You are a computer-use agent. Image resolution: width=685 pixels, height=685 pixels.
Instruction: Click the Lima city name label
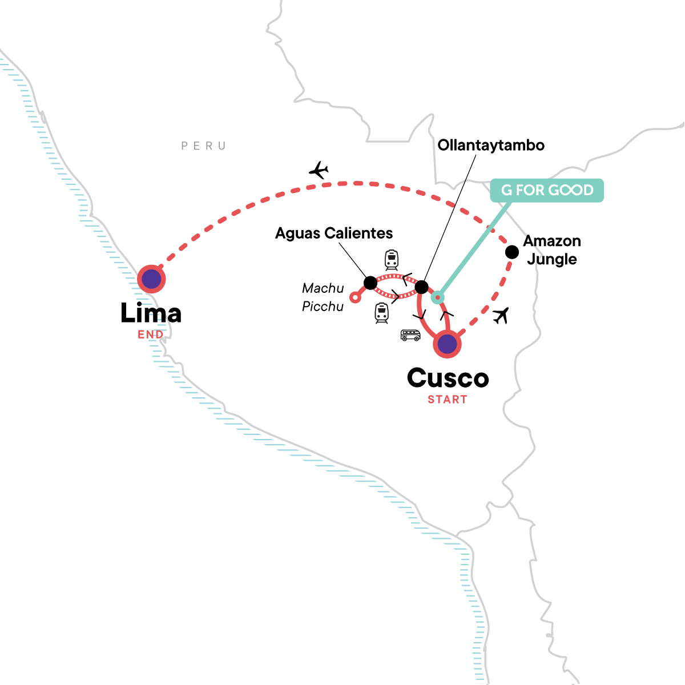coord(151,313)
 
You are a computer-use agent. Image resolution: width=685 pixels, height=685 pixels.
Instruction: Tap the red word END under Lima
coord(151,335)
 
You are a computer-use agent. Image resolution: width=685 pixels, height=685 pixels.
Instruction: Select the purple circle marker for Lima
coord(151,279)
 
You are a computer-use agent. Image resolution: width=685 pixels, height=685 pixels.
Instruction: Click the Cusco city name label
coord(448,378)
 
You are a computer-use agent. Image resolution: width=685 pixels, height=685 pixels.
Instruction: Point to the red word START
coord(448,400)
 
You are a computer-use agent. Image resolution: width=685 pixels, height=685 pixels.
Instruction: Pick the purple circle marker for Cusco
coord(447,344)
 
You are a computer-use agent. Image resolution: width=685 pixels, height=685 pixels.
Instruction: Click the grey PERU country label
coord(204,146)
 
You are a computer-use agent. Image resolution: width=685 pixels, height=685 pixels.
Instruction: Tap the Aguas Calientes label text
coord(334,233)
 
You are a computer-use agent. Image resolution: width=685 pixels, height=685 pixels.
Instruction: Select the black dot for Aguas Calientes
coord(370,283)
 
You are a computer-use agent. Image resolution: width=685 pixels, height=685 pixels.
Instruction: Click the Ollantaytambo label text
coord(491,145)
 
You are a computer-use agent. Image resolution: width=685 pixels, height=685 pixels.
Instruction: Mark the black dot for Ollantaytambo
coord(421,287)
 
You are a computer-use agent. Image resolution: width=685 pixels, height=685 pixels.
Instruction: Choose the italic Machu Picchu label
coord(323,297)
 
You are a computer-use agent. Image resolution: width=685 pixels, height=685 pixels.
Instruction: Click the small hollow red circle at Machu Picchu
coord(355,297)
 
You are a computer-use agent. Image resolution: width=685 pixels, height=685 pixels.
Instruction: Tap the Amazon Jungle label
coord(551,250)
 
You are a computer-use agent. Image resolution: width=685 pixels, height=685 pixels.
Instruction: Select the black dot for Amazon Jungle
coord(512,252)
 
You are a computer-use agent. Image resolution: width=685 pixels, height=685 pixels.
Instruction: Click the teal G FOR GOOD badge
coord(547,190)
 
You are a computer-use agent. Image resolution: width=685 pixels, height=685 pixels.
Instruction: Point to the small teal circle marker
coord(437,297)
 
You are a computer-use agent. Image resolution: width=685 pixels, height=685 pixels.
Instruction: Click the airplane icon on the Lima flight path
coord(319,170)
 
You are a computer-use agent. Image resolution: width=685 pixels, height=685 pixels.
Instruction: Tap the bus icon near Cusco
coord(410,335)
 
